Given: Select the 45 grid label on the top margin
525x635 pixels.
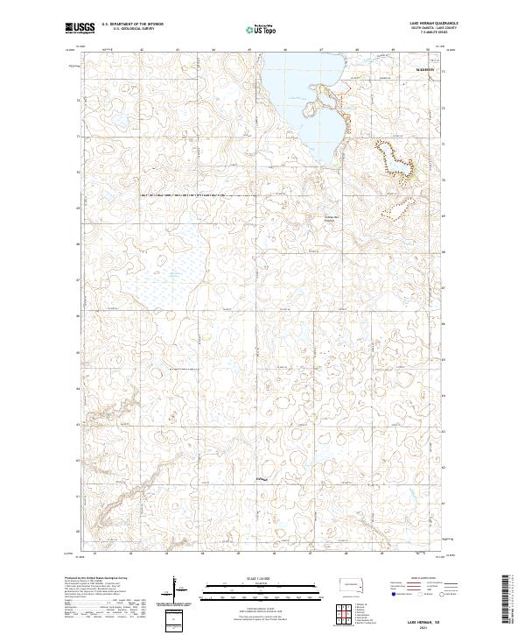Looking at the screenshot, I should pos(249,50).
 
